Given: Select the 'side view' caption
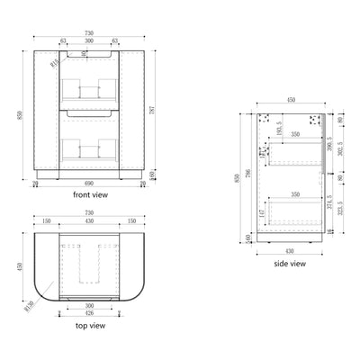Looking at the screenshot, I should point(291,264).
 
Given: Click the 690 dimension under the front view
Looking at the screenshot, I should point(88,183).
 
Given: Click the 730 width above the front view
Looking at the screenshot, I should point(88,31).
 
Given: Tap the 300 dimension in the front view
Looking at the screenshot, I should point(88,40).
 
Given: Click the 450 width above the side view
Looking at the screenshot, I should point(291,102).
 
